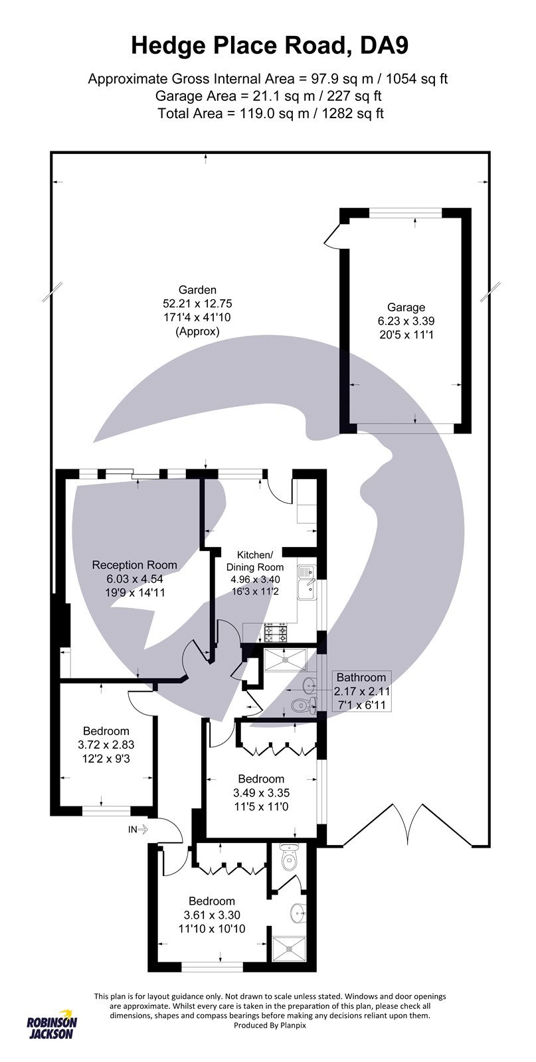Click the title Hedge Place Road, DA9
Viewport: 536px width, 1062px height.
(268, 45)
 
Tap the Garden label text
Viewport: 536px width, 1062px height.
(197, 310)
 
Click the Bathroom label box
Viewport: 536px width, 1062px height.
(361, 690)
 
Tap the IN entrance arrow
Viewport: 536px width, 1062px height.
(141, 829)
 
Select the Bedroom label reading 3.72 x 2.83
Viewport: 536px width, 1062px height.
(103, 744)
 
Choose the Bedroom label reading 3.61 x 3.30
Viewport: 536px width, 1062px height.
(212, 914)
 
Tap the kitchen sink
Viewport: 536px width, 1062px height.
(308, 581)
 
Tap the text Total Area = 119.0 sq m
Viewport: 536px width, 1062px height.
(270, 114)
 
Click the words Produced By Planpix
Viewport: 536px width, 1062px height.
(270, 1025)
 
